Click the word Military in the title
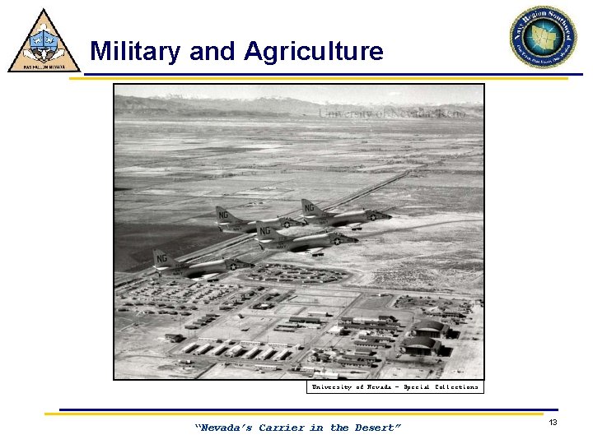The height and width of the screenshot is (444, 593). click(136, 52)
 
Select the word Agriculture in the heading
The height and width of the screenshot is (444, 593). click(314, 52)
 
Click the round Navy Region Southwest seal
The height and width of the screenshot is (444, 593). click(542, 36)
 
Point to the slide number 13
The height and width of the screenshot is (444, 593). click(553, 422)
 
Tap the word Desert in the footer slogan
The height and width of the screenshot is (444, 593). click(377, 428)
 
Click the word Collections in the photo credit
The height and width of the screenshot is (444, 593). click(456, 386)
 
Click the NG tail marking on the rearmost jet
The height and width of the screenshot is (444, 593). click(161, 258)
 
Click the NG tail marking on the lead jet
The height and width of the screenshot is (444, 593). click(311, 209)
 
